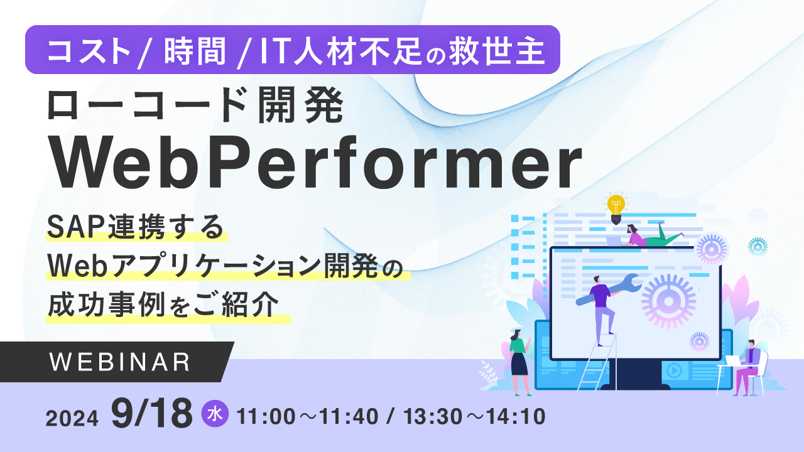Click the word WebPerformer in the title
click(x=317, y=163)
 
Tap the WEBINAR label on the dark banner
click(x=119, y=362)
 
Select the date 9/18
click(x=151, y=414)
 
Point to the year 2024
click(x=72, y=417)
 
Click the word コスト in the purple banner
click(x=89, y=51)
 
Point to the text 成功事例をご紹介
click(x=163, y=306)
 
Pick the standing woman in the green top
click(x=519, y=362)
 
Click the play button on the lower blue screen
click(x=673, y=370)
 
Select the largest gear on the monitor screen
click(x=668, y=301)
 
